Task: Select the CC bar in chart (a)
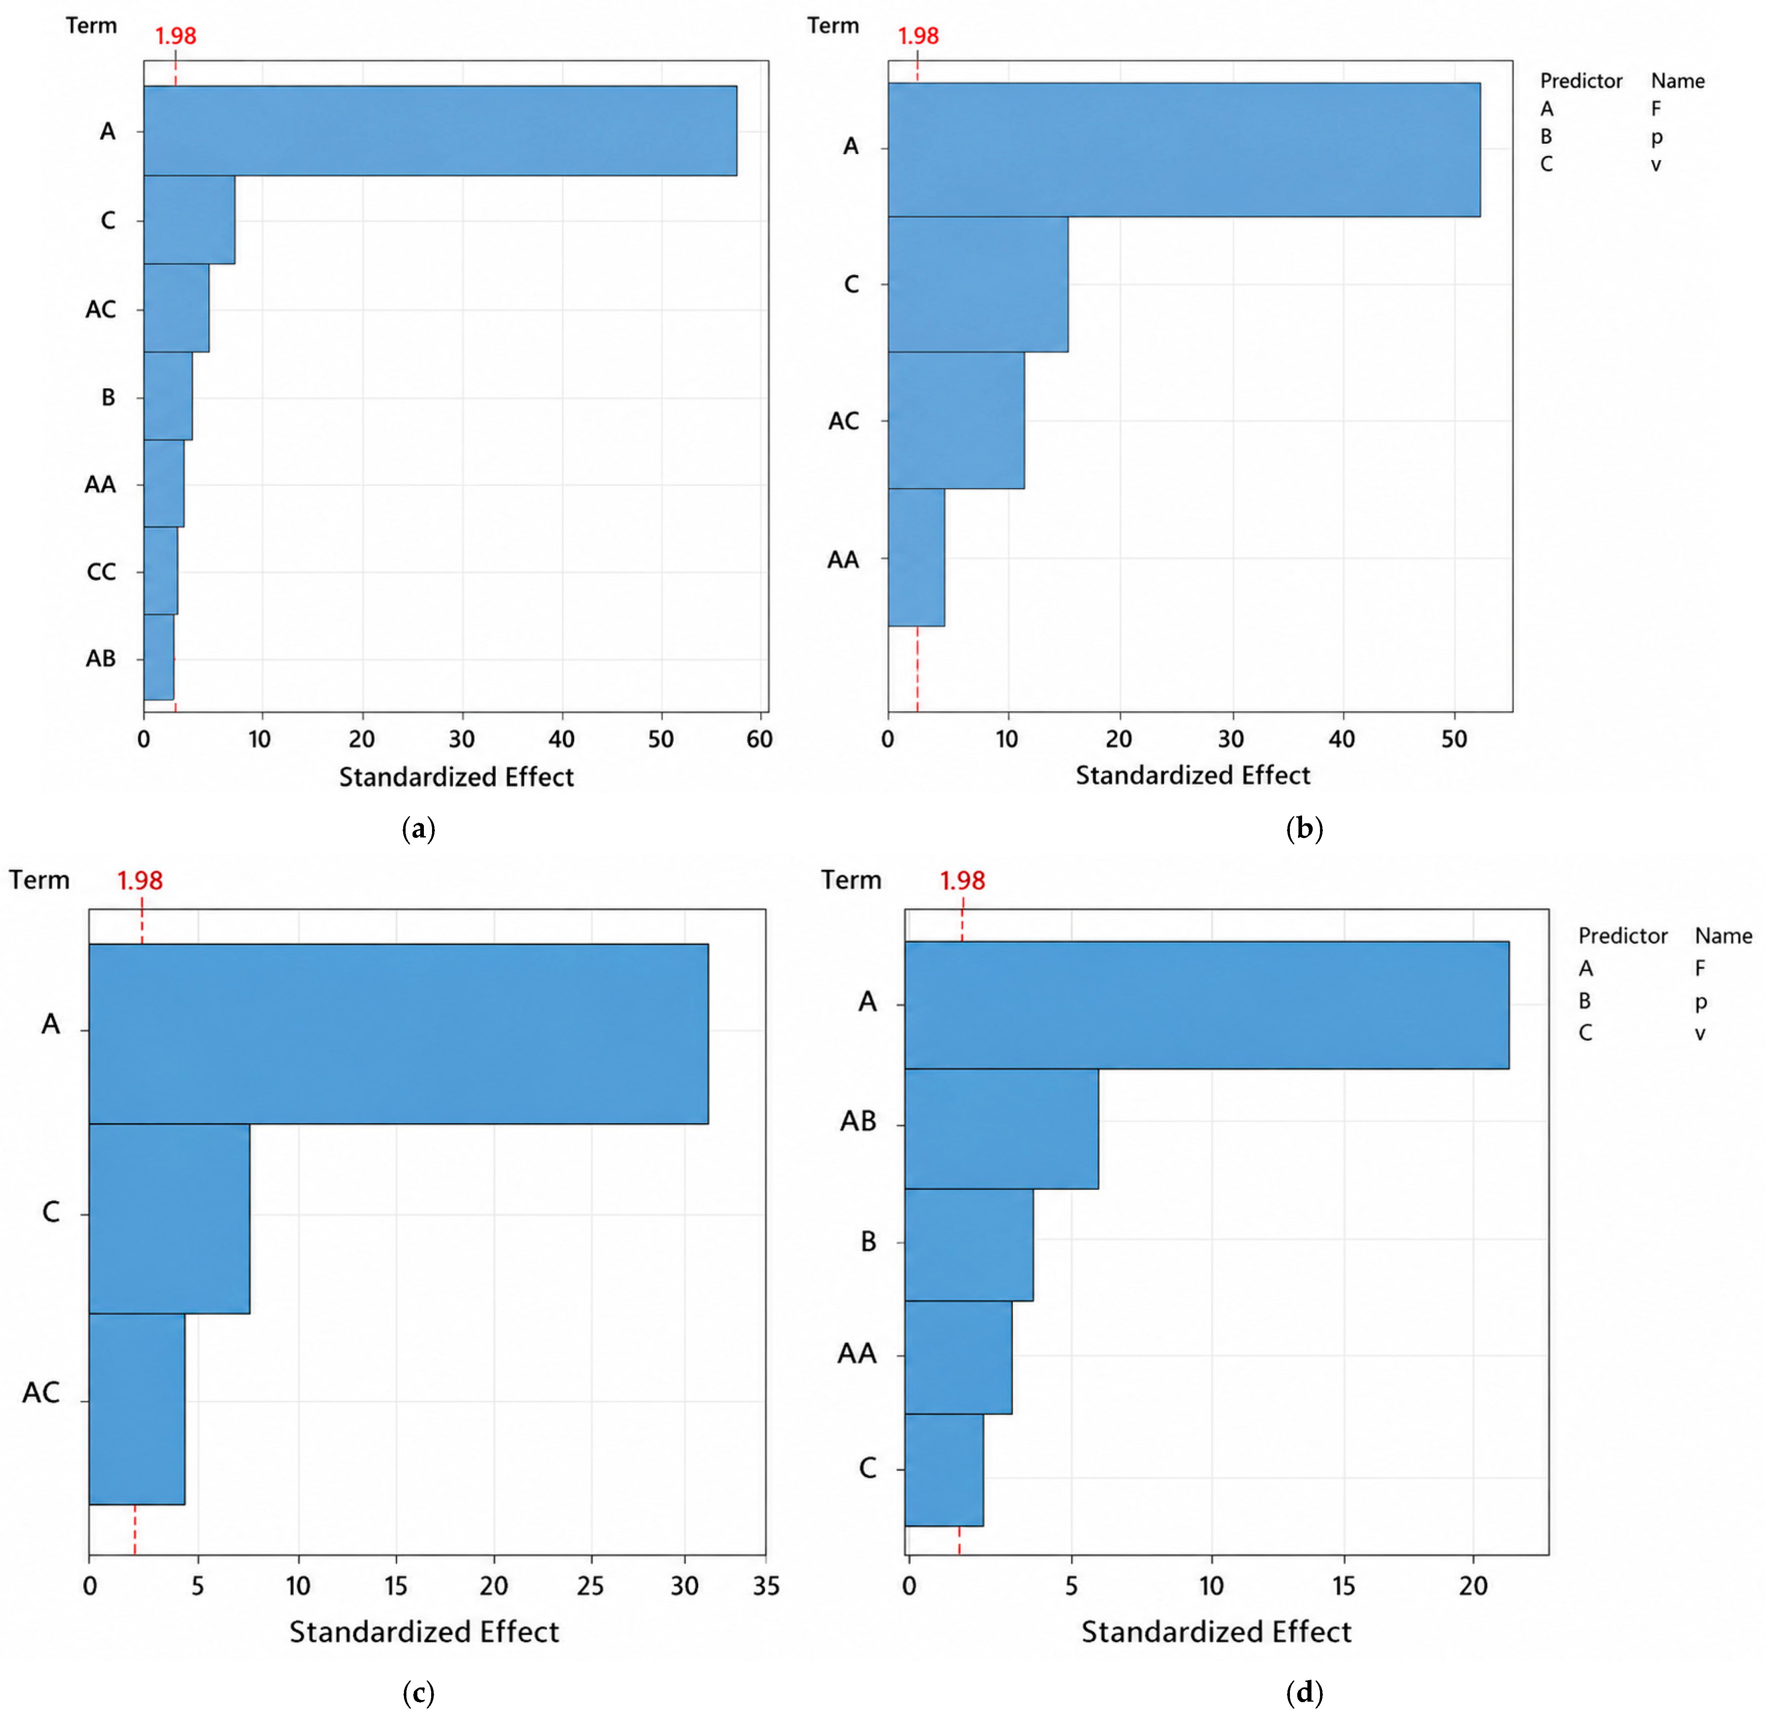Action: (161, 571)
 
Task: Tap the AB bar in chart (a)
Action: (159, 657)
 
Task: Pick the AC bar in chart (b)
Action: (956, 421)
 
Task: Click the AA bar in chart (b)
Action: (916, 557)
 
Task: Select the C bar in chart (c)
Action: (169, 1218)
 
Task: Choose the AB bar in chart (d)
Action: (1001, 1129)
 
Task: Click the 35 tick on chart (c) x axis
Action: (766, 1586)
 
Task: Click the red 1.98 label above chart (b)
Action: (918, 36)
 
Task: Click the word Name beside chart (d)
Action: (1724, 936)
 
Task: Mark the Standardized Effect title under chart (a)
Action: (457, 777)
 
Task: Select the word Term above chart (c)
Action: (40, 880)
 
